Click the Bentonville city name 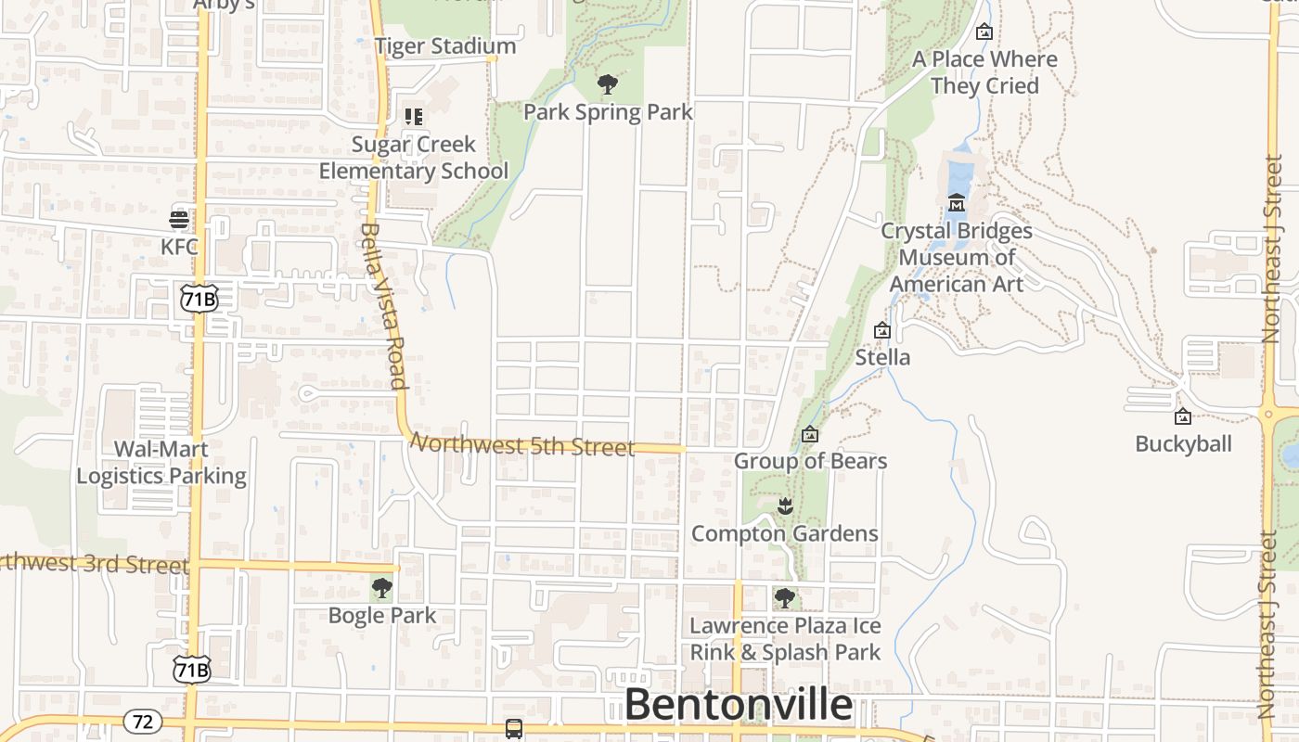739,705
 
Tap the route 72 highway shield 142,721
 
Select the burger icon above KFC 179,220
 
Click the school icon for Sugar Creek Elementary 414,117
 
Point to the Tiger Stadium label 445,45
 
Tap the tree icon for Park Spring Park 608,85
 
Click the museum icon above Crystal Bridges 957,202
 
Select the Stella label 882,357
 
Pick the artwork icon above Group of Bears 810,434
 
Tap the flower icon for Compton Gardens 785,506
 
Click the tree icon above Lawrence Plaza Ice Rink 785,597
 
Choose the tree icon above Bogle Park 381,588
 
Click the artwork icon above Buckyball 1183,416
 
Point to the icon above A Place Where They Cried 984,32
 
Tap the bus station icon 514,728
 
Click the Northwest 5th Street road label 523,445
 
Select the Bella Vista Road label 384,305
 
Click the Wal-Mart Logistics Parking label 161,462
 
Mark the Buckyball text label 1183,443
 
